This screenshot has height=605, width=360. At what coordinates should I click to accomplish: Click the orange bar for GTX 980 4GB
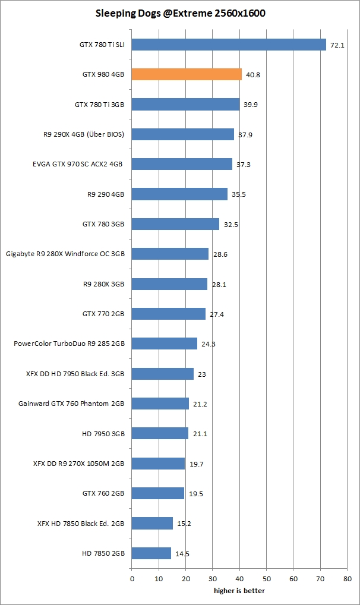[187, 74]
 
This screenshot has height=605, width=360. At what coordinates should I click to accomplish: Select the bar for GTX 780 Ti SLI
[229, 45]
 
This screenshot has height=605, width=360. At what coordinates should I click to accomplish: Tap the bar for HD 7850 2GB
[151, 553]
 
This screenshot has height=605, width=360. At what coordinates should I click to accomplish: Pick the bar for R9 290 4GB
[179, 194]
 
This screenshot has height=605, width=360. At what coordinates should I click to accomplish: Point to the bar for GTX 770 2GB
[168, 314]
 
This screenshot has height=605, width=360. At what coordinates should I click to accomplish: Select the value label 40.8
[252, 74]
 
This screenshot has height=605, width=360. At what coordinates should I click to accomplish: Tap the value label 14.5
[182, 553]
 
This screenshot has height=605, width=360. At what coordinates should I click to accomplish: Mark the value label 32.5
[229, 224]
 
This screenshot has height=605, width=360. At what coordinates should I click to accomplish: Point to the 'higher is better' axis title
[239, 590]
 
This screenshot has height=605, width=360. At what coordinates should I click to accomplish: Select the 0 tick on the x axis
[131, 578]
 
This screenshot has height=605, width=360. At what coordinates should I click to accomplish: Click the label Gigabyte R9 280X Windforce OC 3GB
[65, 254]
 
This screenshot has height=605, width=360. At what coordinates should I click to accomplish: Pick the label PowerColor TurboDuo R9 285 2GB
[69, 344]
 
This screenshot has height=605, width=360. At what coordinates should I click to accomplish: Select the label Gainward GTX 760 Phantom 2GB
[71, 404]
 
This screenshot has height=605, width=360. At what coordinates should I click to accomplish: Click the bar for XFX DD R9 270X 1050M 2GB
[158, 464]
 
